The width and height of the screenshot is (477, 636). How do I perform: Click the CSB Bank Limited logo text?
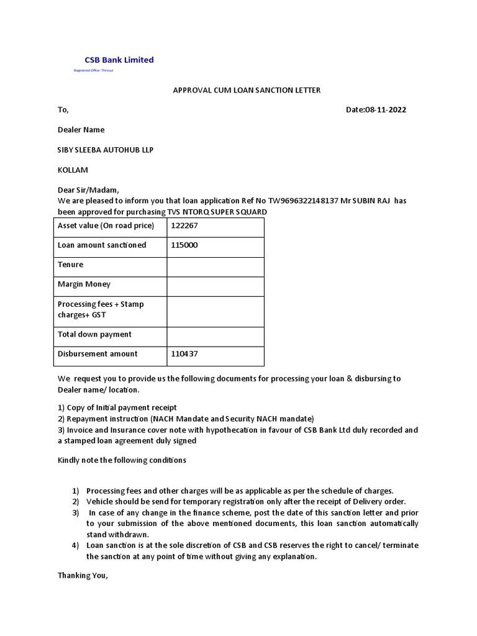(x=119, y=60)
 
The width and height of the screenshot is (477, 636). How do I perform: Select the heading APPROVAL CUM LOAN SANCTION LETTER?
(x=246, y=90)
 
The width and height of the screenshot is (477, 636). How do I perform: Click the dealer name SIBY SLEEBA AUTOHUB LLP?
(x=106, y=150)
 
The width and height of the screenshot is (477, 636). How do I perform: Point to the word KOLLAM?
(x=73, y=170)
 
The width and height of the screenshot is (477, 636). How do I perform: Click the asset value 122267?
(x=184, y=225)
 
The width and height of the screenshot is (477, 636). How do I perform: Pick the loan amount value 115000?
(x=184, y=245)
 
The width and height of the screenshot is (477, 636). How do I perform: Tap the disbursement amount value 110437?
(x=184, y=354)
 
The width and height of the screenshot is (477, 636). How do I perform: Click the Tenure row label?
(x=70, y=265)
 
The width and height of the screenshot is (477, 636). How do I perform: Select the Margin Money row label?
(x=84, y=284)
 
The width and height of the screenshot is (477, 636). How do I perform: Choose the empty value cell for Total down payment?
(x=215, y=335)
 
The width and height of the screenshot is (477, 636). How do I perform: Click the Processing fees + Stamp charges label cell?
(x=101, y=309)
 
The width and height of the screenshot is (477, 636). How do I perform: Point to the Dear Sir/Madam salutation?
(x=88, y=190)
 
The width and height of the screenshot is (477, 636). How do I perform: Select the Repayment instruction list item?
(x=186, y=419)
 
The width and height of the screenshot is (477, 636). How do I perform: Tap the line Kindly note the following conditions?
(x=122, y=460)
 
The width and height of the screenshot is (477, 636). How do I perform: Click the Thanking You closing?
(x=83, y=575)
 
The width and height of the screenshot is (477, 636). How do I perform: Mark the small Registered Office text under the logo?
(x=94, y=71)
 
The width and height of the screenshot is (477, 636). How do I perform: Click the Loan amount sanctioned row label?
(x=102, y=245)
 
